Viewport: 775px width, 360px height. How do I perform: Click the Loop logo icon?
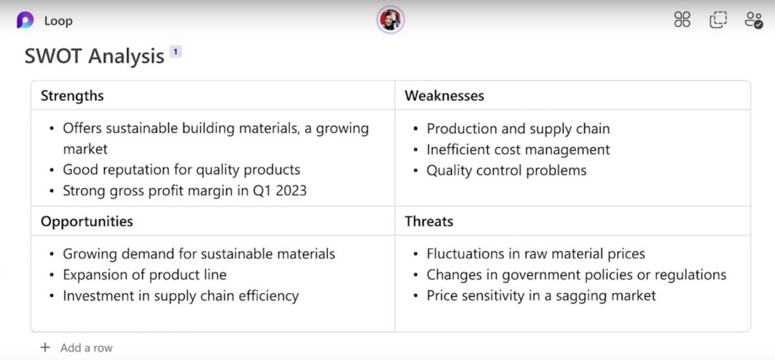[25, 20]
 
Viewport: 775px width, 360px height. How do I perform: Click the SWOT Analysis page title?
[95, 57]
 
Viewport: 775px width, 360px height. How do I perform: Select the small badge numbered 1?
[176, 52]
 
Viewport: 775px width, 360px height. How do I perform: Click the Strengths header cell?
[213, 95]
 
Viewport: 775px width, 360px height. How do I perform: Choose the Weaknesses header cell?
[573, 95]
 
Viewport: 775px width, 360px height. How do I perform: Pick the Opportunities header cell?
[213, 221]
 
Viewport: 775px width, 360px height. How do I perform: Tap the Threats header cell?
[573, 221]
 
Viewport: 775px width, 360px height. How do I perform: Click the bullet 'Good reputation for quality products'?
[182, 171]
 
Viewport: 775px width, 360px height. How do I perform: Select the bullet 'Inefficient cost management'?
[519, 150]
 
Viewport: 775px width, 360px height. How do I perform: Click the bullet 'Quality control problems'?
[507, 171]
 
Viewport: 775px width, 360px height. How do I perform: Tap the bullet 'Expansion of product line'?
[145, 275]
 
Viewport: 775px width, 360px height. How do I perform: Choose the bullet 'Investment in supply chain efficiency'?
[181, 295]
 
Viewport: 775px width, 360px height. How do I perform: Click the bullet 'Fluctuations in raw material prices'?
[536, 254]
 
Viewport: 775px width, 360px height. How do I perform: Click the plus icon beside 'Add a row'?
[45, 348]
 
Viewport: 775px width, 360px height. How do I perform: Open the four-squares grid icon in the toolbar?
[682, 20]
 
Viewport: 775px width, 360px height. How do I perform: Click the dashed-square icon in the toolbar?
[718, 20]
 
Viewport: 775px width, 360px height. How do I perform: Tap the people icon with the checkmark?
[754, 20]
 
